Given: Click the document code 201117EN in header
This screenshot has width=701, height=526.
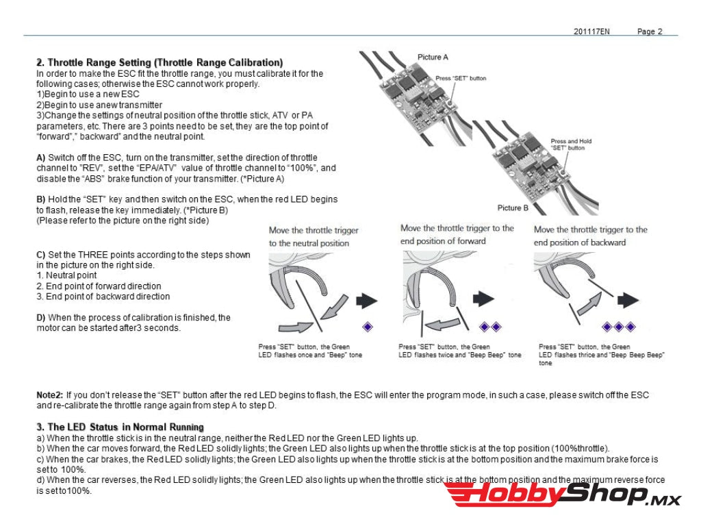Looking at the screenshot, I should point(591,32).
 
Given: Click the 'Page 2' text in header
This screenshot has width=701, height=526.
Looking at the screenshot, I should point(650,32).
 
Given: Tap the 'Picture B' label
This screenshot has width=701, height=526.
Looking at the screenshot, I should point(513,208).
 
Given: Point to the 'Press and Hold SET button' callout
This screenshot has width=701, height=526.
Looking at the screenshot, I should point(571,145).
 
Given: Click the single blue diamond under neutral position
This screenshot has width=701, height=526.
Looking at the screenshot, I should point(368,327).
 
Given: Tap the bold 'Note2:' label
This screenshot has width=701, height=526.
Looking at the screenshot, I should point(50,395).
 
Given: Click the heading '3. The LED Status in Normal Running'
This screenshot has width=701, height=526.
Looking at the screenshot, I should point(120,427).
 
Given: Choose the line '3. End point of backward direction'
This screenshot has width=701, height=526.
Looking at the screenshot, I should point(103,297).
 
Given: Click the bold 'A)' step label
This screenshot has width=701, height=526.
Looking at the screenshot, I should point(41,158).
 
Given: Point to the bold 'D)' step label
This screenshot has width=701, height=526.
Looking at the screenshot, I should point(41,318).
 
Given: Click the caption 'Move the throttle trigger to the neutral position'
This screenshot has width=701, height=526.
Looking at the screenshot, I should point(314,236).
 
